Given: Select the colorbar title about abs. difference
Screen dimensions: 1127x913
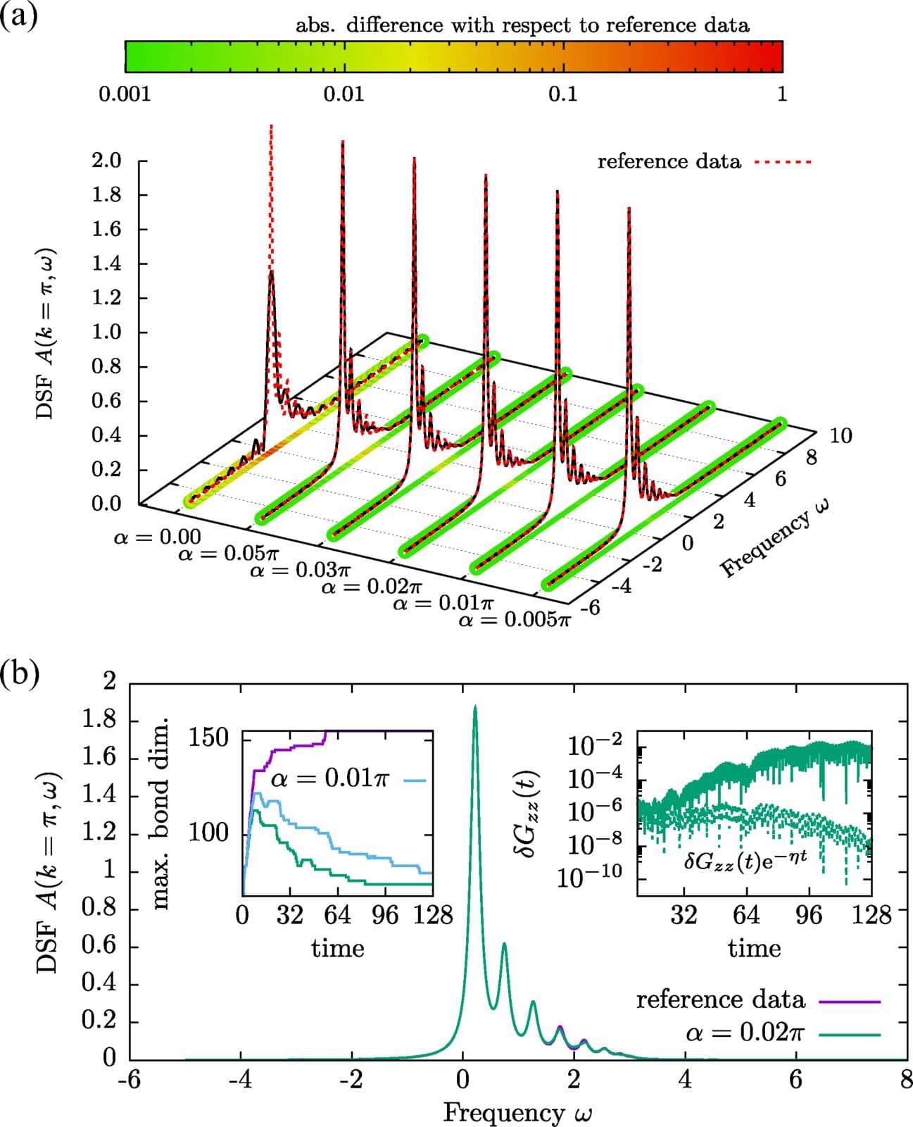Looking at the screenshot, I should (522, 26).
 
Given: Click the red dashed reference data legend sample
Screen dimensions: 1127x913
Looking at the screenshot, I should (783, 162).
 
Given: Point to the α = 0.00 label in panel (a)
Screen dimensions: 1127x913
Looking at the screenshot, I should (157, 537).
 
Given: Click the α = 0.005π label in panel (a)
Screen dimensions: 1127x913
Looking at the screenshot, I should (514, 621).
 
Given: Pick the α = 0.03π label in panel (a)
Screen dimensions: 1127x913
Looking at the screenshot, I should (300, 570).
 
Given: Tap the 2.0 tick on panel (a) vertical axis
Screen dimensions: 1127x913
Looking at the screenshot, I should (106, 161).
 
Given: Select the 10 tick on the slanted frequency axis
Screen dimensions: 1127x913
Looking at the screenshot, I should (840, 436).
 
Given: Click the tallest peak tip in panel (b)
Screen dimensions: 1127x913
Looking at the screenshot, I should (475, 706).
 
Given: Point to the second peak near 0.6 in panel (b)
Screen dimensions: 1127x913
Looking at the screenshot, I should (504, 944).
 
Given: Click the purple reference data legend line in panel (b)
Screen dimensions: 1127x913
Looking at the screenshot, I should (850, 1001).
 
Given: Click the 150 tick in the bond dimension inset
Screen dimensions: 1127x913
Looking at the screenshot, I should (209, 737).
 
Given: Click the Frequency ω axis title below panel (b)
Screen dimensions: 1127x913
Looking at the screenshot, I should (517, 1112).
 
